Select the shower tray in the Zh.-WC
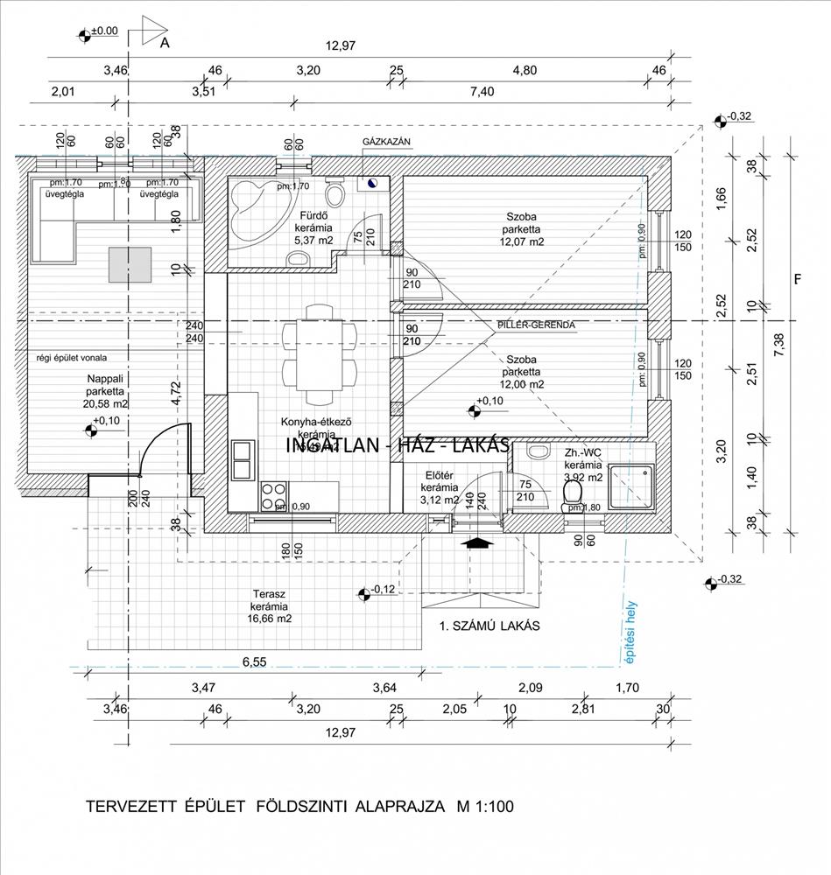coord(631,486)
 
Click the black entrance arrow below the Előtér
coord(475,542)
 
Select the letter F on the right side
coord(797,280)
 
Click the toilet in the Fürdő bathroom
coord(333,192)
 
